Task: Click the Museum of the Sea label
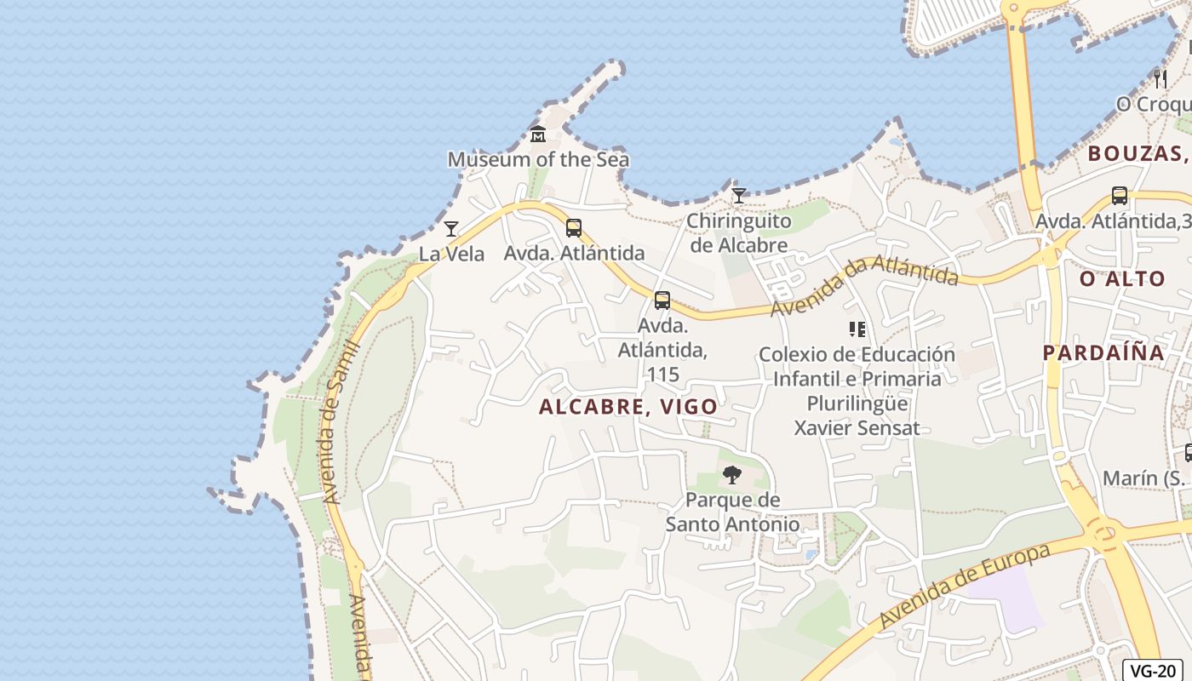538,159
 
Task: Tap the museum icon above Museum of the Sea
538,134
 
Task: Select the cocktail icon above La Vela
451,229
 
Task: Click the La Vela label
451,254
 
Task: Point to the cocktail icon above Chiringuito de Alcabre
739,197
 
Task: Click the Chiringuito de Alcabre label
738,233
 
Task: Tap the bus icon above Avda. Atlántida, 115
662,300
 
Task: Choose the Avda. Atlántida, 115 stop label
662,350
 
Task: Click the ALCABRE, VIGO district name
628,407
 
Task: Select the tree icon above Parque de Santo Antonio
731,475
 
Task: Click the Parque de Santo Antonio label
732,512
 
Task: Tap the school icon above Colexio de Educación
857,329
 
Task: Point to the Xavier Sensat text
857,427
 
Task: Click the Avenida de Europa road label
966,586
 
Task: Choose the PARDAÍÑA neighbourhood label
1103,352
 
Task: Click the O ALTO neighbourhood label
1122,278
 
